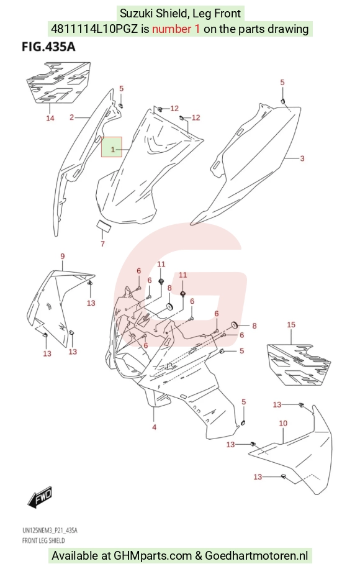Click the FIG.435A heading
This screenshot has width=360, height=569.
click(48, 47)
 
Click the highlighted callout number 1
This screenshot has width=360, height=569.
click(113, 150)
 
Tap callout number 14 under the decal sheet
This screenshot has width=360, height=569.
click(50, 118)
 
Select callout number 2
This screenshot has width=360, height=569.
click(72, 117)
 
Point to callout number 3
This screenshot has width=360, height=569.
click(302, 158)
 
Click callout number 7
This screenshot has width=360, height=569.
click(102, 244)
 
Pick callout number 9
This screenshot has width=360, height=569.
click(62, 257)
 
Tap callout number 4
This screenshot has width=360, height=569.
click(154, 427)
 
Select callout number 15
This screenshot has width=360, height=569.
click(291, 324)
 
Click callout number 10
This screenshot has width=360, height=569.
click(283, 423)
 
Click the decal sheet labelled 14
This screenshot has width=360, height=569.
click(58, 83)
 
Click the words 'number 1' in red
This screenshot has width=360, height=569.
click(176, 29)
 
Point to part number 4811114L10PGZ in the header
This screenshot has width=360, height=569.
click(94, 29)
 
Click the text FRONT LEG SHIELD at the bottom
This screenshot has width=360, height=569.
click(43, 540)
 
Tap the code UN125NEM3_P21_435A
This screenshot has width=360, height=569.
click(50, 530)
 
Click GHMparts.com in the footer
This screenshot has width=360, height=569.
click(153, 555)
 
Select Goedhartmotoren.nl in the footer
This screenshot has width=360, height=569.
click(257, 555)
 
